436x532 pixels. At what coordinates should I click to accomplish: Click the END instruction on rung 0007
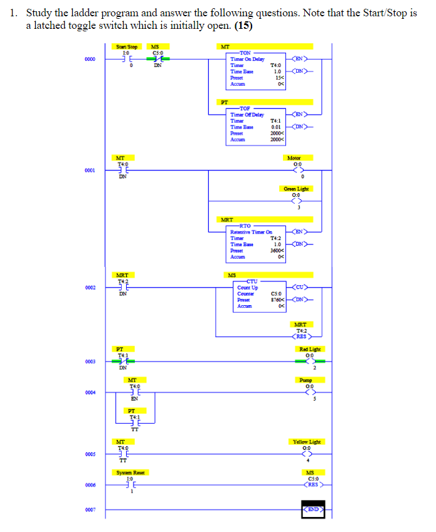pyautogui.click(x=313, y=509)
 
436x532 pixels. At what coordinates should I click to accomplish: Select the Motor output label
pyautogui.click(x=293, y=158)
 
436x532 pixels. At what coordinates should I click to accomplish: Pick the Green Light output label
pyautogui.click(x=296, y=189)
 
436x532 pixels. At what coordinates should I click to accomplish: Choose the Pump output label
pyautogui.click(x=307, y=380)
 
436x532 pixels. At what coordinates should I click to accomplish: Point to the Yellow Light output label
pyautogui.click(x=306, y=442)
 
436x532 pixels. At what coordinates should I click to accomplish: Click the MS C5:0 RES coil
pyautogui.click(x=311, y=484)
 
